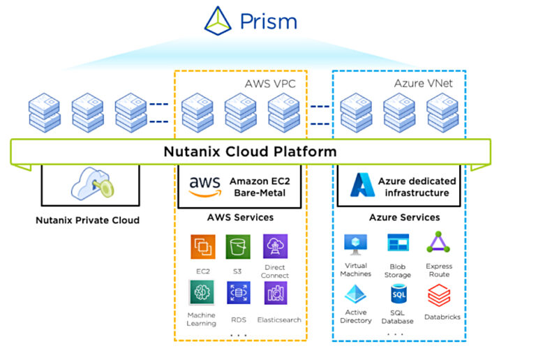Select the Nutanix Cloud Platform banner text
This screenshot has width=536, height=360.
[250, 151]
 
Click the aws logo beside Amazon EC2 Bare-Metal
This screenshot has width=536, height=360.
[204, 186]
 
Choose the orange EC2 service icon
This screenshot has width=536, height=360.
[203, 247]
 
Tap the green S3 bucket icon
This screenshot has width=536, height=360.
[238, 247]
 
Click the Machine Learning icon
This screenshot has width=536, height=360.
[201, 292]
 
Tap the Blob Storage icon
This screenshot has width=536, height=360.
[398, 243]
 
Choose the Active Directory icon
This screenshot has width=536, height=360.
[357, 294]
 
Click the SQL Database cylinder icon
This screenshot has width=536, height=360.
[398, 294]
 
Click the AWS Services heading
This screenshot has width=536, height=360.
[240, 218]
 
